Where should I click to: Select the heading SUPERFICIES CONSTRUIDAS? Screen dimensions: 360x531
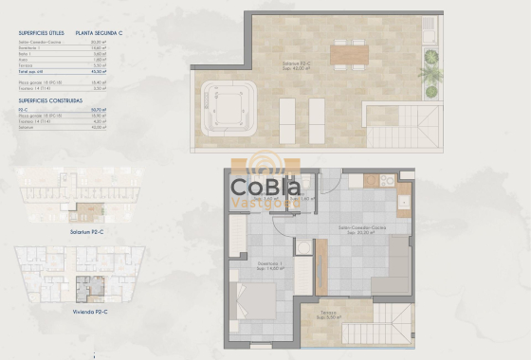tap(55, 99)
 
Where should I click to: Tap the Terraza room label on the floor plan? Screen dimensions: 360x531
tap(328, 314)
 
